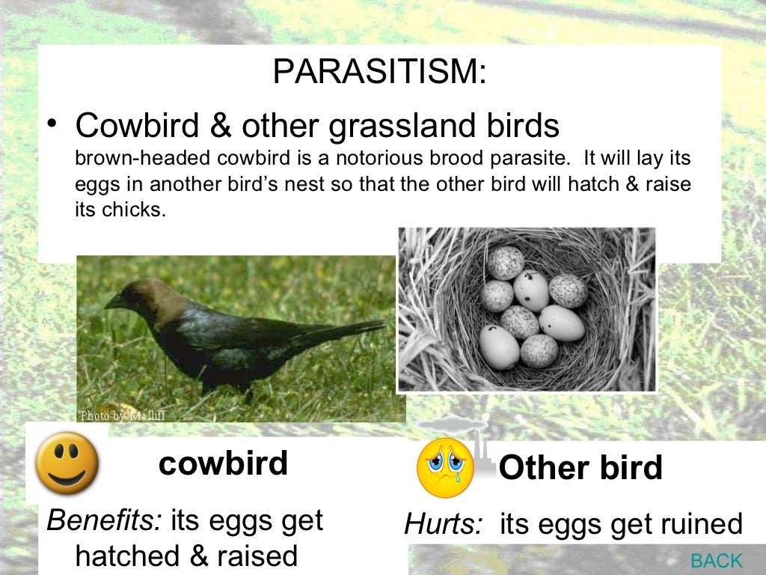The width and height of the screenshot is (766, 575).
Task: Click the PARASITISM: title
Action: pyautogui.click(x=379, y=72)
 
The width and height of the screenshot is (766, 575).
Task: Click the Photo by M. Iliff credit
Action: pyautogui.click(x=122, y=416)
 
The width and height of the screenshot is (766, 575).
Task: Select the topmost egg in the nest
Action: pyautogui.click(x=507, y=263)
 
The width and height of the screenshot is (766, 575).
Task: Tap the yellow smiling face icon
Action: pyautogui.click(x=67, y=463)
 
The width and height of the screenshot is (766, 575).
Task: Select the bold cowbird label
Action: pyautogui.click(x=223, y=463)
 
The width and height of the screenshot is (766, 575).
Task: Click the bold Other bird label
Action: pyautogui.click(x=580, y=469)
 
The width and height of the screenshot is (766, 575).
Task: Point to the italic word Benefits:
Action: pyautogui.click(x=104, y=520)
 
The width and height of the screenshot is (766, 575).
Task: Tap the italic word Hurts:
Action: pyautogui.click(x=443, y=525)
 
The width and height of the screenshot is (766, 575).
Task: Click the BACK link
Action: pyautogui.click(x=716, y=560)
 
